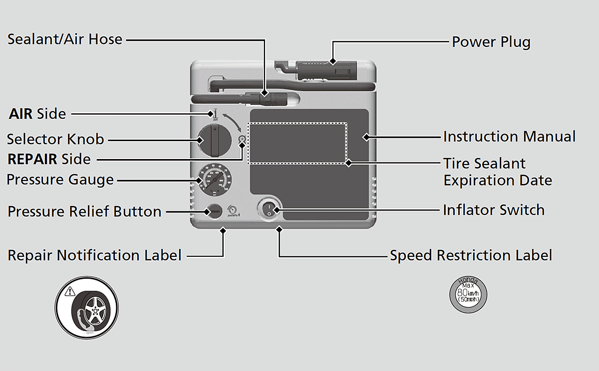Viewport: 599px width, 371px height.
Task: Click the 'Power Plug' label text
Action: tap(491, 42)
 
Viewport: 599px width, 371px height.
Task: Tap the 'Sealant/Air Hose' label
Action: tap(65, 39)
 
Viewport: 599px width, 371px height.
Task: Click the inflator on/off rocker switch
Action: tap(269, 210)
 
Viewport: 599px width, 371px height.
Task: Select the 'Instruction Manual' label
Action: tap(509, 136)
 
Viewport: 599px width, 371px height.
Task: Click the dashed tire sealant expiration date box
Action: tap(297, 143)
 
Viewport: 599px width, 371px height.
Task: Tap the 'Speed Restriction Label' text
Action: tap(471, 255)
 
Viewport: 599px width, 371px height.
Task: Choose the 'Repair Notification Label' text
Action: tap(94, 255)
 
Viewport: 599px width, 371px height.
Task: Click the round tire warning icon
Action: tap(87, 306)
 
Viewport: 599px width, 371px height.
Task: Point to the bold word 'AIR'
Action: tap(20, 114)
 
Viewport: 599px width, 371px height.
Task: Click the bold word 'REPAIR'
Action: tap(32, 159)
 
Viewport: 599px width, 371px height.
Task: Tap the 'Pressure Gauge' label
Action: tap(60, 179)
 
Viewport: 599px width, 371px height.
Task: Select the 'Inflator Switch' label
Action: tap(493, 210)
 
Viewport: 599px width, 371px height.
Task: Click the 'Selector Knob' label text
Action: tap(55, 139)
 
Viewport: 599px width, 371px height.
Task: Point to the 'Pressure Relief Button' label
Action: tap(84, 211)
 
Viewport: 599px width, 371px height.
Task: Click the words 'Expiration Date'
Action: tap(498, 180)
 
